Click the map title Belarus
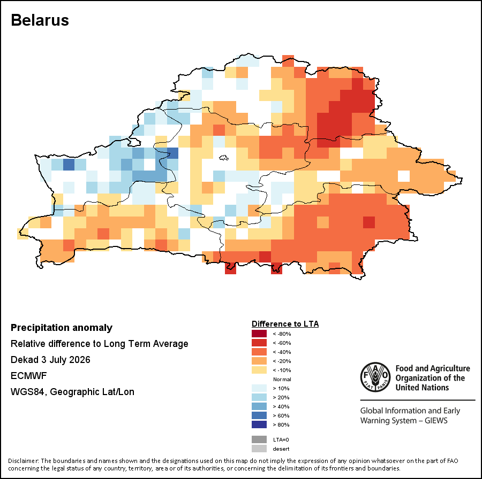(40, 20)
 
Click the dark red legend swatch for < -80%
(259, 334)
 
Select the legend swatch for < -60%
(259, 343)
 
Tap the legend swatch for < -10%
(259, 370)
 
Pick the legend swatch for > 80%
(259, 424)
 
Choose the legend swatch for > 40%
(259, 407)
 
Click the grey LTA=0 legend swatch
(259, 440)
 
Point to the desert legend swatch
(259, 449)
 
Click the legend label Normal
(282, 379)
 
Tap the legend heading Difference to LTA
(285, 324)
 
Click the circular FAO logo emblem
(375, 377)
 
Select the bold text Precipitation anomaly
(62, 328)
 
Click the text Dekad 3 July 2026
(50, 360)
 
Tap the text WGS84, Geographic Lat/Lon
(72, 392)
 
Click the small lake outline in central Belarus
(224, 158)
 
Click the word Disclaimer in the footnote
(23, 461)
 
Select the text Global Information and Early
(410, 411)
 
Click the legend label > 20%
(281, 397)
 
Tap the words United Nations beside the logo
(422, 388)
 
